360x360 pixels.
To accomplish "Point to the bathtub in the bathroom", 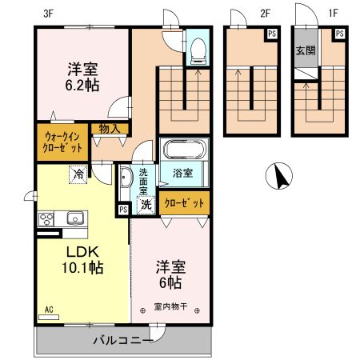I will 184,150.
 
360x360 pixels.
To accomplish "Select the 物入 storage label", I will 110,128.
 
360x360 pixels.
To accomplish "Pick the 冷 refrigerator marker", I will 78,173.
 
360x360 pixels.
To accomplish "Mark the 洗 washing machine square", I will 146,205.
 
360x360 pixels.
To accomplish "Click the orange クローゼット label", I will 184,203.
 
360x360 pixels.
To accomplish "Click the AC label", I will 49,308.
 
